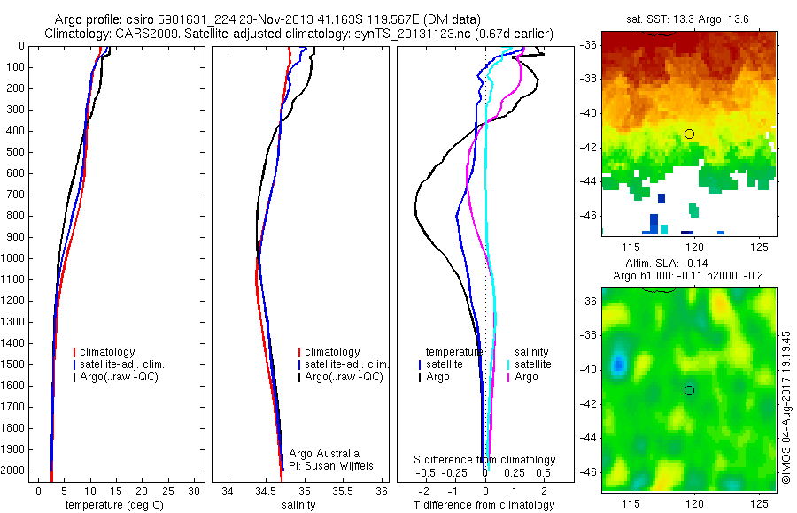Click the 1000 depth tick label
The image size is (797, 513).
[x=15, y=258]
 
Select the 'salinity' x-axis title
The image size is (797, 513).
[x=299, y=505]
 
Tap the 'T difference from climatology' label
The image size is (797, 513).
[x=484, y=505]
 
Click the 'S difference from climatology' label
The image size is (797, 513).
[x=485, y=460]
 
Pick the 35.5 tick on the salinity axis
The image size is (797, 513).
[x=343, y=491]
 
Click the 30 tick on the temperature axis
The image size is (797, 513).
[x=195, y=491]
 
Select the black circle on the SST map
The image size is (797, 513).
[x=689, y=134]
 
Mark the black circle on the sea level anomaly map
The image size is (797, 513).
[x=689, y=390]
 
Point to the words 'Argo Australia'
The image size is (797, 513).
[x=324, y=454]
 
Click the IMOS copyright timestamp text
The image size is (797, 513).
[x=785, y=408]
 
